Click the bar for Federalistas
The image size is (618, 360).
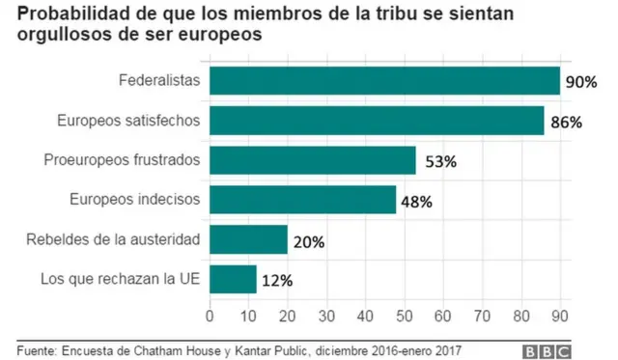(x=384, y=81)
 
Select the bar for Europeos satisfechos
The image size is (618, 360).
(x=377, y=121)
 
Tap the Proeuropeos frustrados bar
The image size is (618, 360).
(x=312, y=160)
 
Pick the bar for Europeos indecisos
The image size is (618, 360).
(x=302, y=200)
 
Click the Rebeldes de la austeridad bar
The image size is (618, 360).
(x=248, y=239)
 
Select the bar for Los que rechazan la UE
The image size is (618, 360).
(x=233, y=279)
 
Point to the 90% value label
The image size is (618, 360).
(x=581, y=82)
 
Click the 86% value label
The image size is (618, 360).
(x=565, y=122)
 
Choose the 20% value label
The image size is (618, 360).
(x=308, y=240)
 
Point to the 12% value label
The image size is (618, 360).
(x=277, y=280)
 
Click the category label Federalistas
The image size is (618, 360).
(x=158, y=81)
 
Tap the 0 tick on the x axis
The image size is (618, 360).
(x=210, y=315)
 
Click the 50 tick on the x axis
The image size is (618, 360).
(x=404, y=315)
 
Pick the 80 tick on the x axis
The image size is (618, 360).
(x=520, y=315)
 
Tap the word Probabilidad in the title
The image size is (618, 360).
(x=66, y=14)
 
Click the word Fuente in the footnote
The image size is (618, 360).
(x=36, y=348)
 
